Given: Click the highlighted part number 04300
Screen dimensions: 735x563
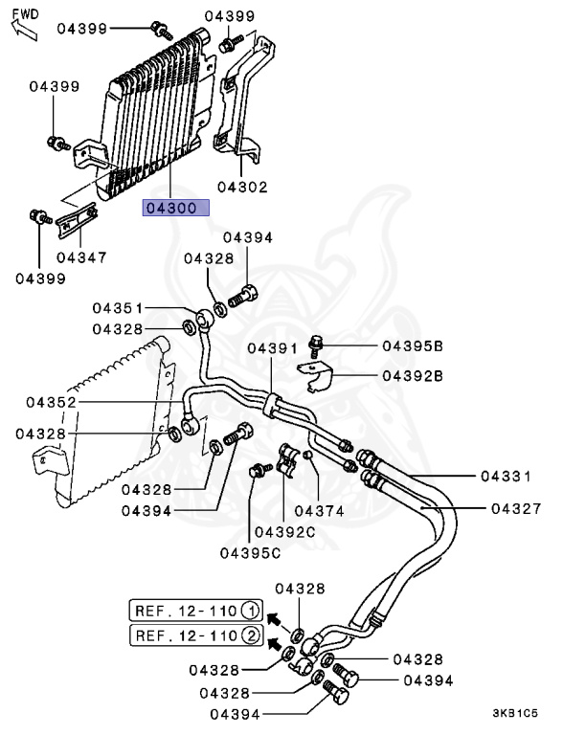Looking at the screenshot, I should (x=175, y=208).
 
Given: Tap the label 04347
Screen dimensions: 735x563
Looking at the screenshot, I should (x=81, y=256).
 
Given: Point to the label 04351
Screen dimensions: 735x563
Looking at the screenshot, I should (x=118, y=308).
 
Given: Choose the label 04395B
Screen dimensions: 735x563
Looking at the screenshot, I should (x=413, y=345).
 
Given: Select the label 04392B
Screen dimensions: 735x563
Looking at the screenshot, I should (x=413, y=376).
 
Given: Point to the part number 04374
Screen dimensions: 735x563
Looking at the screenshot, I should (x=319, y=510).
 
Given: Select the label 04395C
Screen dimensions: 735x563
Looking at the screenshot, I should (x=250, y=552).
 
